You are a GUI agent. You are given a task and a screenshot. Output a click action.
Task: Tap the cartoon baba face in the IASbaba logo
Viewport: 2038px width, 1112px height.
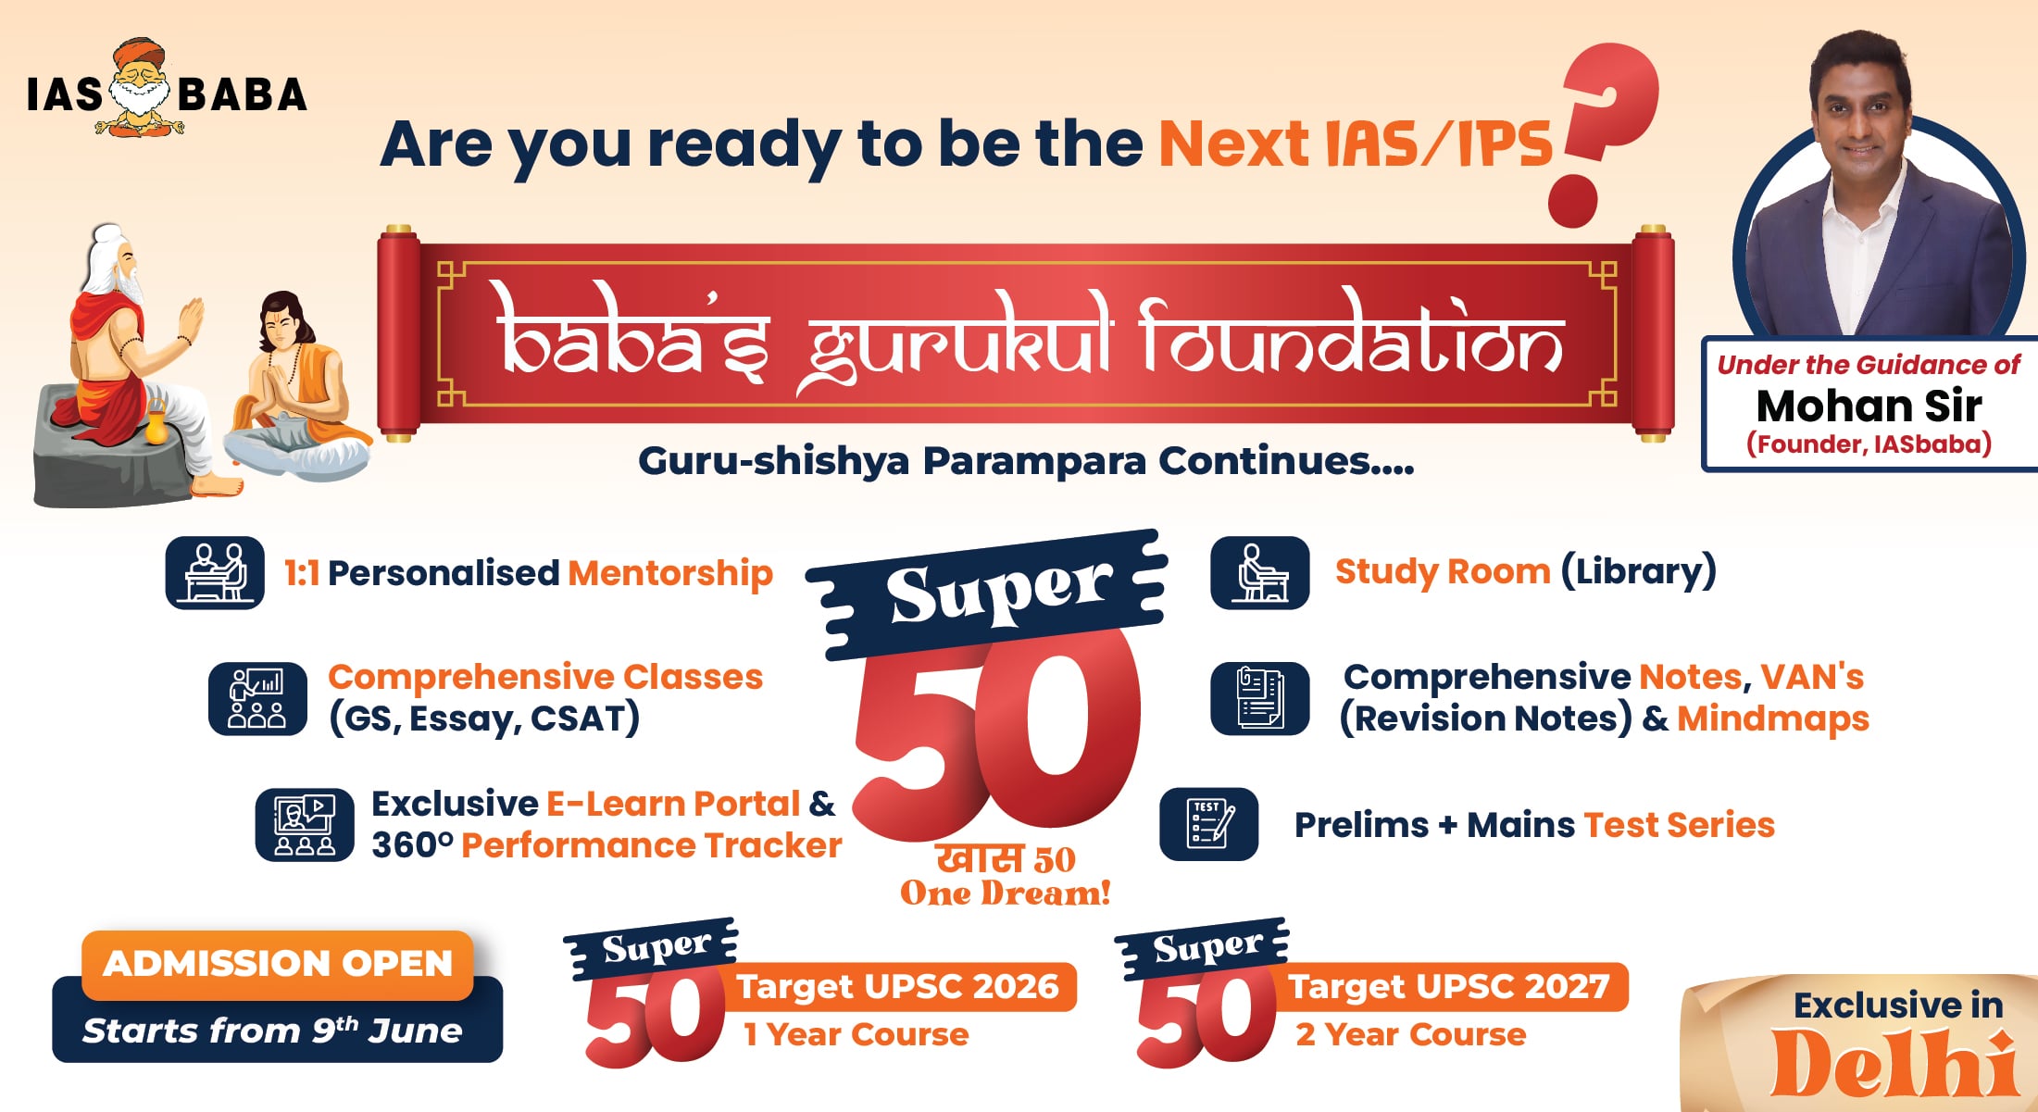point(140,88)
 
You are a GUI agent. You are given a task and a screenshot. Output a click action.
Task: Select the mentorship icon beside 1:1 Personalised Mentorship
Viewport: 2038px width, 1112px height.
point(215,572)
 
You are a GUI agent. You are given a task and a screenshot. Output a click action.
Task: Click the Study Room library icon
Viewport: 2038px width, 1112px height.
point(1259,572)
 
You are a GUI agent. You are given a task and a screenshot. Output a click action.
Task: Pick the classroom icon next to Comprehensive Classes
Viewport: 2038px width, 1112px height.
point(257,698)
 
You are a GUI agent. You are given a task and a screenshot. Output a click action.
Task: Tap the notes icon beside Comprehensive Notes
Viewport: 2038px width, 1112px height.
point(1259,698)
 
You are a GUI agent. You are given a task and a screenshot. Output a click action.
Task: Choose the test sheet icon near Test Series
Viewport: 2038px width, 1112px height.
point(1209,824)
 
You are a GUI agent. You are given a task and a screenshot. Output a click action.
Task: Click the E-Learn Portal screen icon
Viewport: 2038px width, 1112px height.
point(305,824)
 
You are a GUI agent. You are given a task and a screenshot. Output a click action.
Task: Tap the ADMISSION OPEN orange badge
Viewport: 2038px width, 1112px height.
point(278,964)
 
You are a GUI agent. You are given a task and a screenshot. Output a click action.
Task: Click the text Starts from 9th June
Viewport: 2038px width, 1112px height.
point(272,1031)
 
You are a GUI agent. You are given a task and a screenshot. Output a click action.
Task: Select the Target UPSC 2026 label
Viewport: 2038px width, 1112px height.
point(897,986)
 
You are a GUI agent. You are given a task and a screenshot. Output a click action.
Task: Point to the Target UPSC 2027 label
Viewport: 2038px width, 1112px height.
point(1449,986)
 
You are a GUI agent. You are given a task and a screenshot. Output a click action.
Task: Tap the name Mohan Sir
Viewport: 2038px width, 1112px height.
point(1869,406)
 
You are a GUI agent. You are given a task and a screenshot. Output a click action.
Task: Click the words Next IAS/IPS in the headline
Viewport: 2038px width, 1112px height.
point(1355,144)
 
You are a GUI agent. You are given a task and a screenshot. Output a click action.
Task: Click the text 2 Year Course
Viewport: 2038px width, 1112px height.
point(1410,1034)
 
